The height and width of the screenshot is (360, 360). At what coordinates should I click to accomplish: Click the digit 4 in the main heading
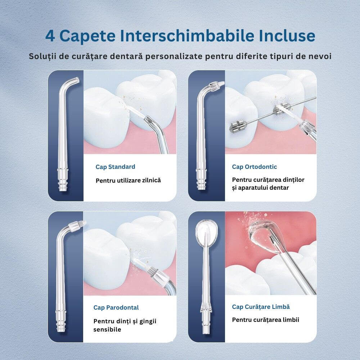click(x=50, y=36)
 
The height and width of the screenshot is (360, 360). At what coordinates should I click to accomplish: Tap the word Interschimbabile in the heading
click(x=187, y=36)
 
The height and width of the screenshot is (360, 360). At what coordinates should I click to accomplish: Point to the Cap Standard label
click(x=115, y=167)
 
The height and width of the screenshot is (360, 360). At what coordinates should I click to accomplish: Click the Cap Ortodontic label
click(x=255, y=167)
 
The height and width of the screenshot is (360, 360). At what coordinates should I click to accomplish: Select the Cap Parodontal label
click(x=116, y=308)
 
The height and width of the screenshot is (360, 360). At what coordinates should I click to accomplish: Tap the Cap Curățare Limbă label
click(x=261, y=307)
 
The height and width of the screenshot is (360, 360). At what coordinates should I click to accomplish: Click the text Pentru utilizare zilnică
click(x=128, y=180)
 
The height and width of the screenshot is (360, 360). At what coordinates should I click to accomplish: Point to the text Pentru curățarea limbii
click(x=265, y=320)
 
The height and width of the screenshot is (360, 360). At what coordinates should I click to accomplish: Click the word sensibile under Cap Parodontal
click(x=107, y=329)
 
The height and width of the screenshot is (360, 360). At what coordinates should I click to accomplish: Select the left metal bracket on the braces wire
click(x=239, y=126)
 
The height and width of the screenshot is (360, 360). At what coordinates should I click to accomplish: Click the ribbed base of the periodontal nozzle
click(x=61, y=321)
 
